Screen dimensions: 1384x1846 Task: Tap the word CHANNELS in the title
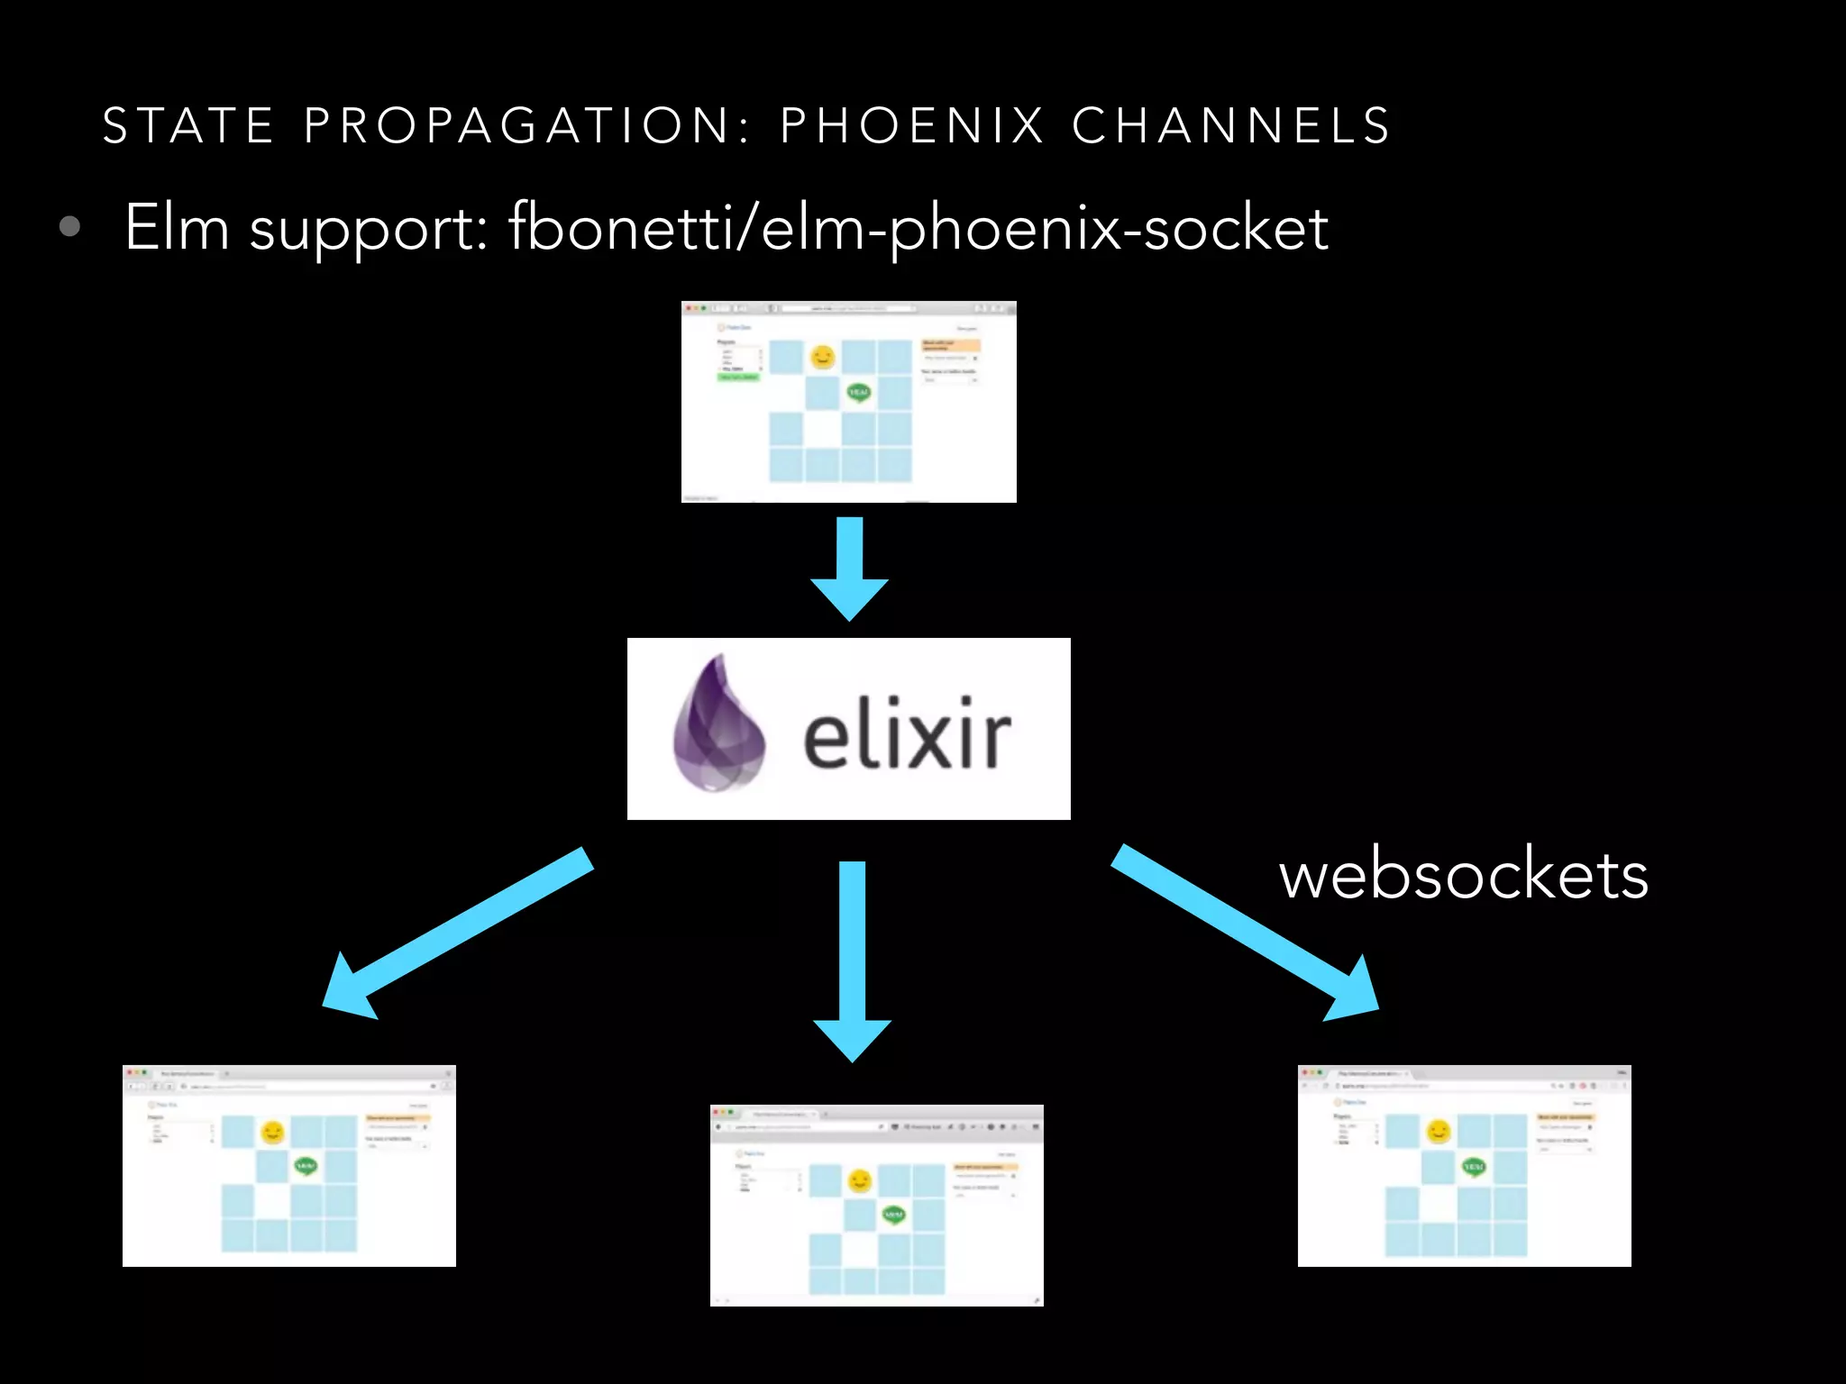point(1231,125)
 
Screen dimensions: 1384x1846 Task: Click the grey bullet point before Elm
point(69,226)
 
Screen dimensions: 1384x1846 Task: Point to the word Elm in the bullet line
point(177,227)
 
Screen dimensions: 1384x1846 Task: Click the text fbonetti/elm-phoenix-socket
point(918,229)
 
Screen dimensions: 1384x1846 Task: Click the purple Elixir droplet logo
point(718,724)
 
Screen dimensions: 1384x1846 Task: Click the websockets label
point(1463,876)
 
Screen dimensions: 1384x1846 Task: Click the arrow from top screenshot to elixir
point(849,568)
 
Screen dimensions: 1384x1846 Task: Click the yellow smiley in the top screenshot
point(822,358)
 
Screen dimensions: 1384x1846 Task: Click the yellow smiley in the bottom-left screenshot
point(272,1132)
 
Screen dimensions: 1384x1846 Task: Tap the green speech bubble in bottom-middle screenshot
point(892,1216)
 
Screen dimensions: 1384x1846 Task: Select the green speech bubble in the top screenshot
point(858,392)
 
